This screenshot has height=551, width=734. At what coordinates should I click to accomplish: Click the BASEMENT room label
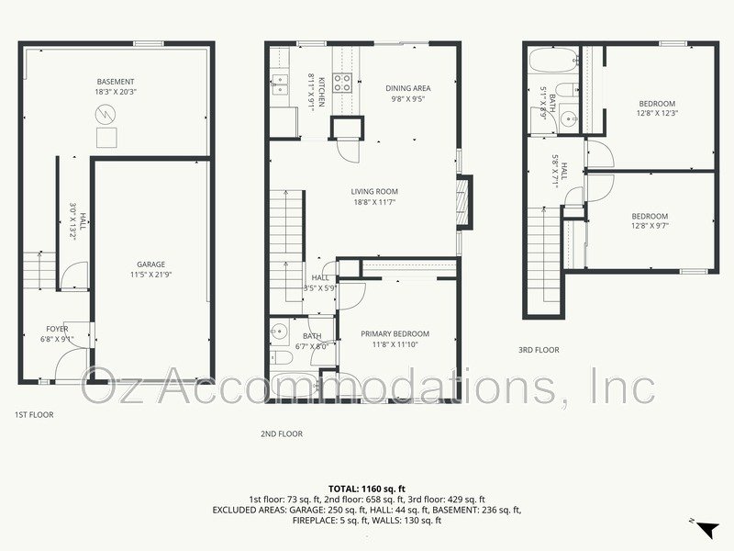(116, 82)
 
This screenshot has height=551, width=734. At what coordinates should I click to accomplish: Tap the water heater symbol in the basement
(106, 114)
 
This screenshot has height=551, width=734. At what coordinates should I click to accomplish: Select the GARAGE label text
(151, 264)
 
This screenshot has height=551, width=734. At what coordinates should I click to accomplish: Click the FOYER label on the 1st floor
(57, 329)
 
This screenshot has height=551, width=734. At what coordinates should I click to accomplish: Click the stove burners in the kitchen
(342, 84)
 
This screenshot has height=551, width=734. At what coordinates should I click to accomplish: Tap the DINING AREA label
(407, 88)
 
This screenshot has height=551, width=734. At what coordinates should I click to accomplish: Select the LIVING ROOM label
(374, 192)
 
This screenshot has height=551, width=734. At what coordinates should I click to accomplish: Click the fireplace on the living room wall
(464, 196)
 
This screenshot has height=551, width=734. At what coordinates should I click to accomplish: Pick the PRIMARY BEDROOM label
(395, 334)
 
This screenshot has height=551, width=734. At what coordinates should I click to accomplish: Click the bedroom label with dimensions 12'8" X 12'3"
(657, 104)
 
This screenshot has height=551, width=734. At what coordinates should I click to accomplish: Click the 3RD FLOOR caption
(539, 350)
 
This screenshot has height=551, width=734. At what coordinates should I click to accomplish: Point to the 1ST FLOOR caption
(34, 415)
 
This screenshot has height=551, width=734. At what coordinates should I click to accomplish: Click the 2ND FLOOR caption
(282, 433)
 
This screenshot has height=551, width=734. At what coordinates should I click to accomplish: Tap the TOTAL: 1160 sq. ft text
(366, 489)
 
